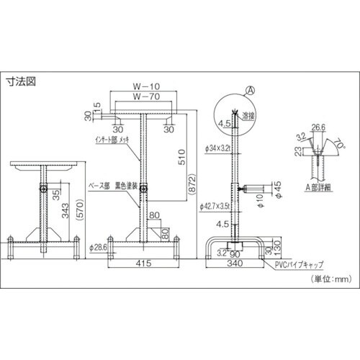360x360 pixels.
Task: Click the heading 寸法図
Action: tap(22, 81)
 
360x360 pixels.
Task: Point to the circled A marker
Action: tap(251, 91)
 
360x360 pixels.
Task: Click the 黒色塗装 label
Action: tap(125, 185)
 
